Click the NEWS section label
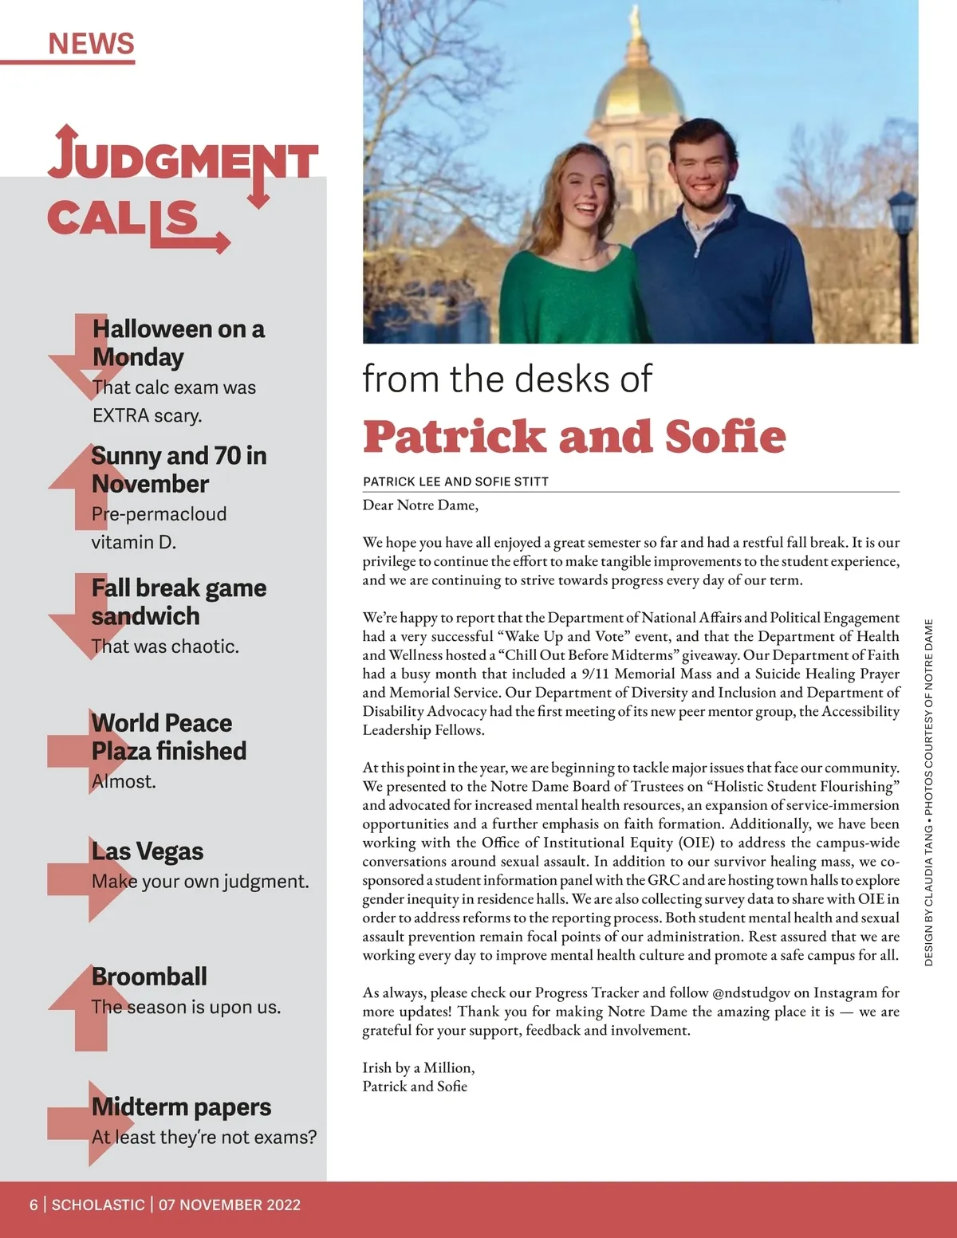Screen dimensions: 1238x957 point(91,43)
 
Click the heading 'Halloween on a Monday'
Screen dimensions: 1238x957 point(178,343)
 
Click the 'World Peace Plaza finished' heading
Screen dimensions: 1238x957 point(168,737)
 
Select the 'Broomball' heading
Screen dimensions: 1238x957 point(149,977)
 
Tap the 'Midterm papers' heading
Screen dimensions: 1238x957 point(181,1106)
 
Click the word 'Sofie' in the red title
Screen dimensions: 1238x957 point(725,437)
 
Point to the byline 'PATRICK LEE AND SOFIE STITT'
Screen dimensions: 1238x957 point(455,481)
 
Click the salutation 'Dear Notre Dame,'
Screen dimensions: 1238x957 point(420,505)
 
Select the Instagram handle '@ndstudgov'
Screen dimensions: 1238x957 point(750,992)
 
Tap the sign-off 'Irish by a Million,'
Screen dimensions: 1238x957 point(418,1067)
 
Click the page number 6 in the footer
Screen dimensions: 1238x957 point(33,1205)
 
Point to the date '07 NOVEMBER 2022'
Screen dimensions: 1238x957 point(230,1205)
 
